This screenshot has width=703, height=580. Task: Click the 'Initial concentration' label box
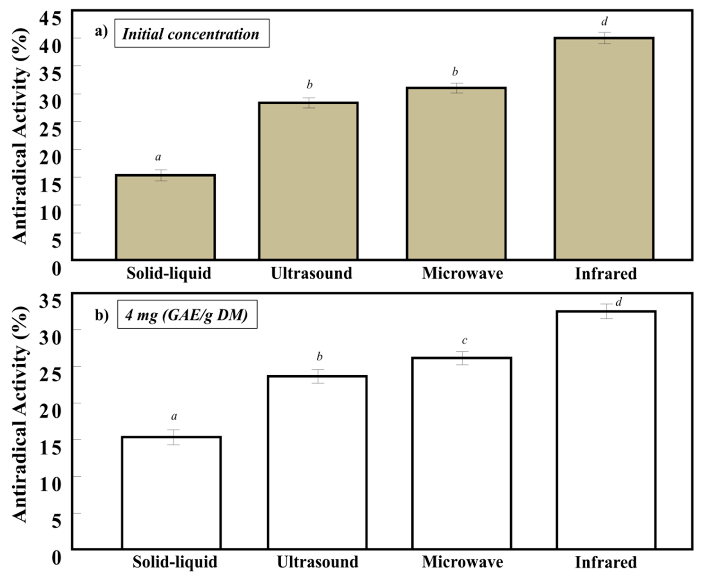192,33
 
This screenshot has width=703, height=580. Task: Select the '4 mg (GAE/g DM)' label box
187,314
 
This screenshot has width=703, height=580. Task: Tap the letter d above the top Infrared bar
604,22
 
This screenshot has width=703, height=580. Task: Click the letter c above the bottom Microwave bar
464,340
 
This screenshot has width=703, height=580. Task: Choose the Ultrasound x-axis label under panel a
311,273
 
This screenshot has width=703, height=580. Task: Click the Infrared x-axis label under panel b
605,562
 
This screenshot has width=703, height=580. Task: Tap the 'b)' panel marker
102,315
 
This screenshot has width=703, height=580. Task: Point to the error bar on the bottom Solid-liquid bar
174,437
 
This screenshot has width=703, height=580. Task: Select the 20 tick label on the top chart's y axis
50,156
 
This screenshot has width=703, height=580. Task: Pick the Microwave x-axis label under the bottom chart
462,562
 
